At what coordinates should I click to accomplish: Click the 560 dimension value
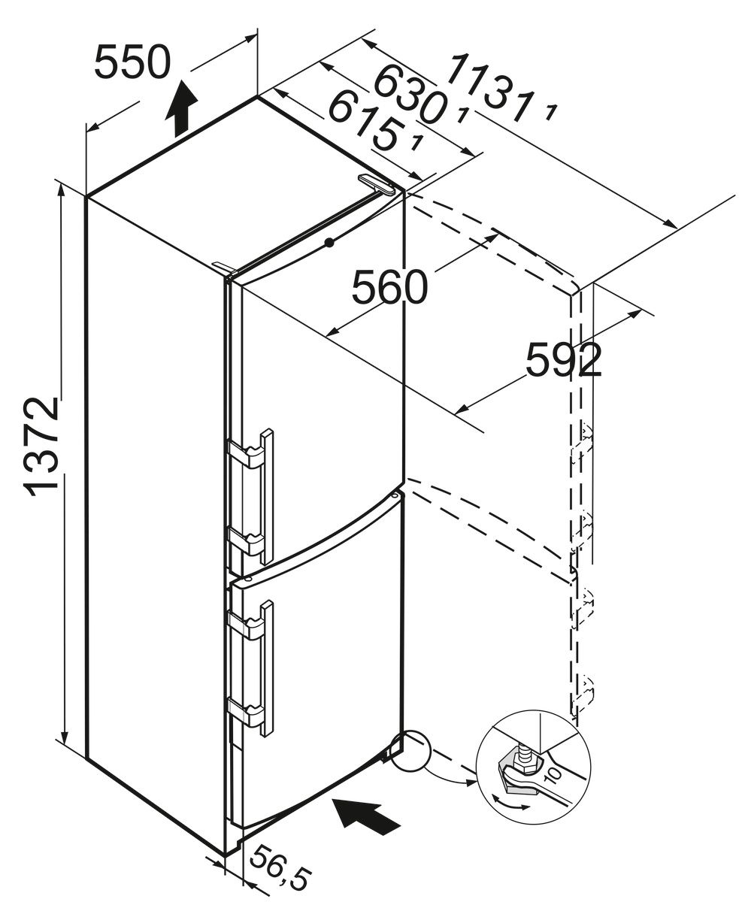pyautogui.click(x=389, y=286)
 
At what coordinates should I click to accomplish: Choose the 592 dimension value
pyautogui.click(x=563, y=360)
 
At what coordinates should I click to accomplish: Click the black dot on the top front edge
pyautogui.click(x=329, y=243)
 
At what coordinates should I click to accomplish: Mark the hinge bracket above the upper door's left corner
pyautogui.click(x=224, y=267)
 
